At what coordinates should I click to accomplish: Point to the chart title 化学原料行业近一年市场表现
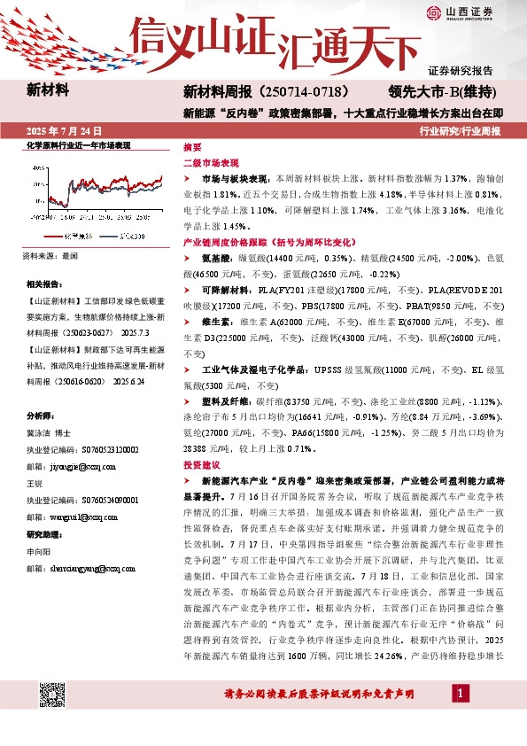pos(79,144)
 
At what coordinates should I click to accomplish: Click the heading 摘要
pos(192,147)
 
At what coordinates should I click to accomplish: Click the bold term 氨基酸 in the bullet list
pos(216,257)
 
